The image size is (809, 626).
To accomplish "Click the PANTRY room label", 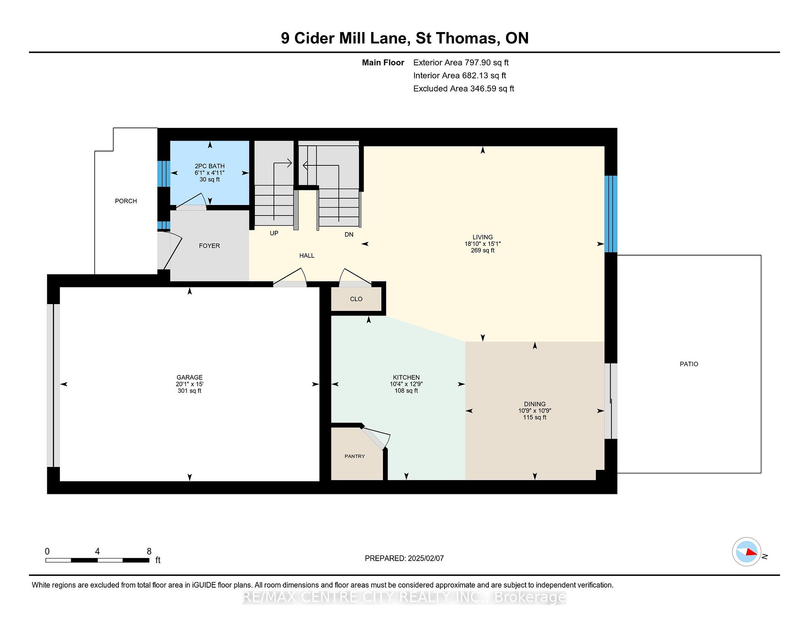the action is point(355,456).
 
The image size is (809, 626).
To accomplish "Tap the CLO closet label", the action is point(356,299).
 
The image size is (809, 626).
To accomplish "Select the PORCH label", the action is point(126,201).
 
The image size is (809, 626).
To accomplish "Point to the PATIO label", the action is point(689,364).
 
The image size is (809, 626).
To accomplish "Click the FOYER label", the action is point(209,246).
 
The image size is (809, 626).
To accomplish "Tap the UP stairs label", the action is point(274,233).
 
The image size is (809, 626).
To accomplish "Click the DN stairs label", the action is point(349,235).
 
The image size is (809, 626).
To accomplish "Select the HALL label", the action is point(307,256).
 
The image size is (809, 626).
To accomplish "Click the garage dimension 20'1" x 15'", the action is point(190,384).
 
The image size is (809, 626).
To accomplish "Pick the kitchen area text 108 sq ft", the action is point(406,391).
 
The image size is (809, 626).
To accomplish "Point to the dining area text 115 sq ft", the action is point(535,418).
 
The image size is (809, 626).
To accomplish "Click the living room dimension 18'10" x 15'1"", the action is point(482,244).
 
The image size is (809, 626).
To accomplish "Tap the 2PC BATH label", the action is point(209,166).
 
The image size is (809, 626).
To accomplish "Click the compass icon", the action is point(747,551).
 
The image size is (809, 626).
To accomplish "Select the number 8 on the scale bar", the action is point(149,551).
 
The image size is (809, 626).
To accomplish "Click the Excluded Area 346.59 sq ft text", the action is point(463,89).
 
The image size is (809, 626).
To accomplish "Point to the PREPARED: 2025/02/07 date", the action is point(404,559).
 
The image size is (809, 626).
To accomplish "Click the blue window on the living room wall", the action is point(611,214).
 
